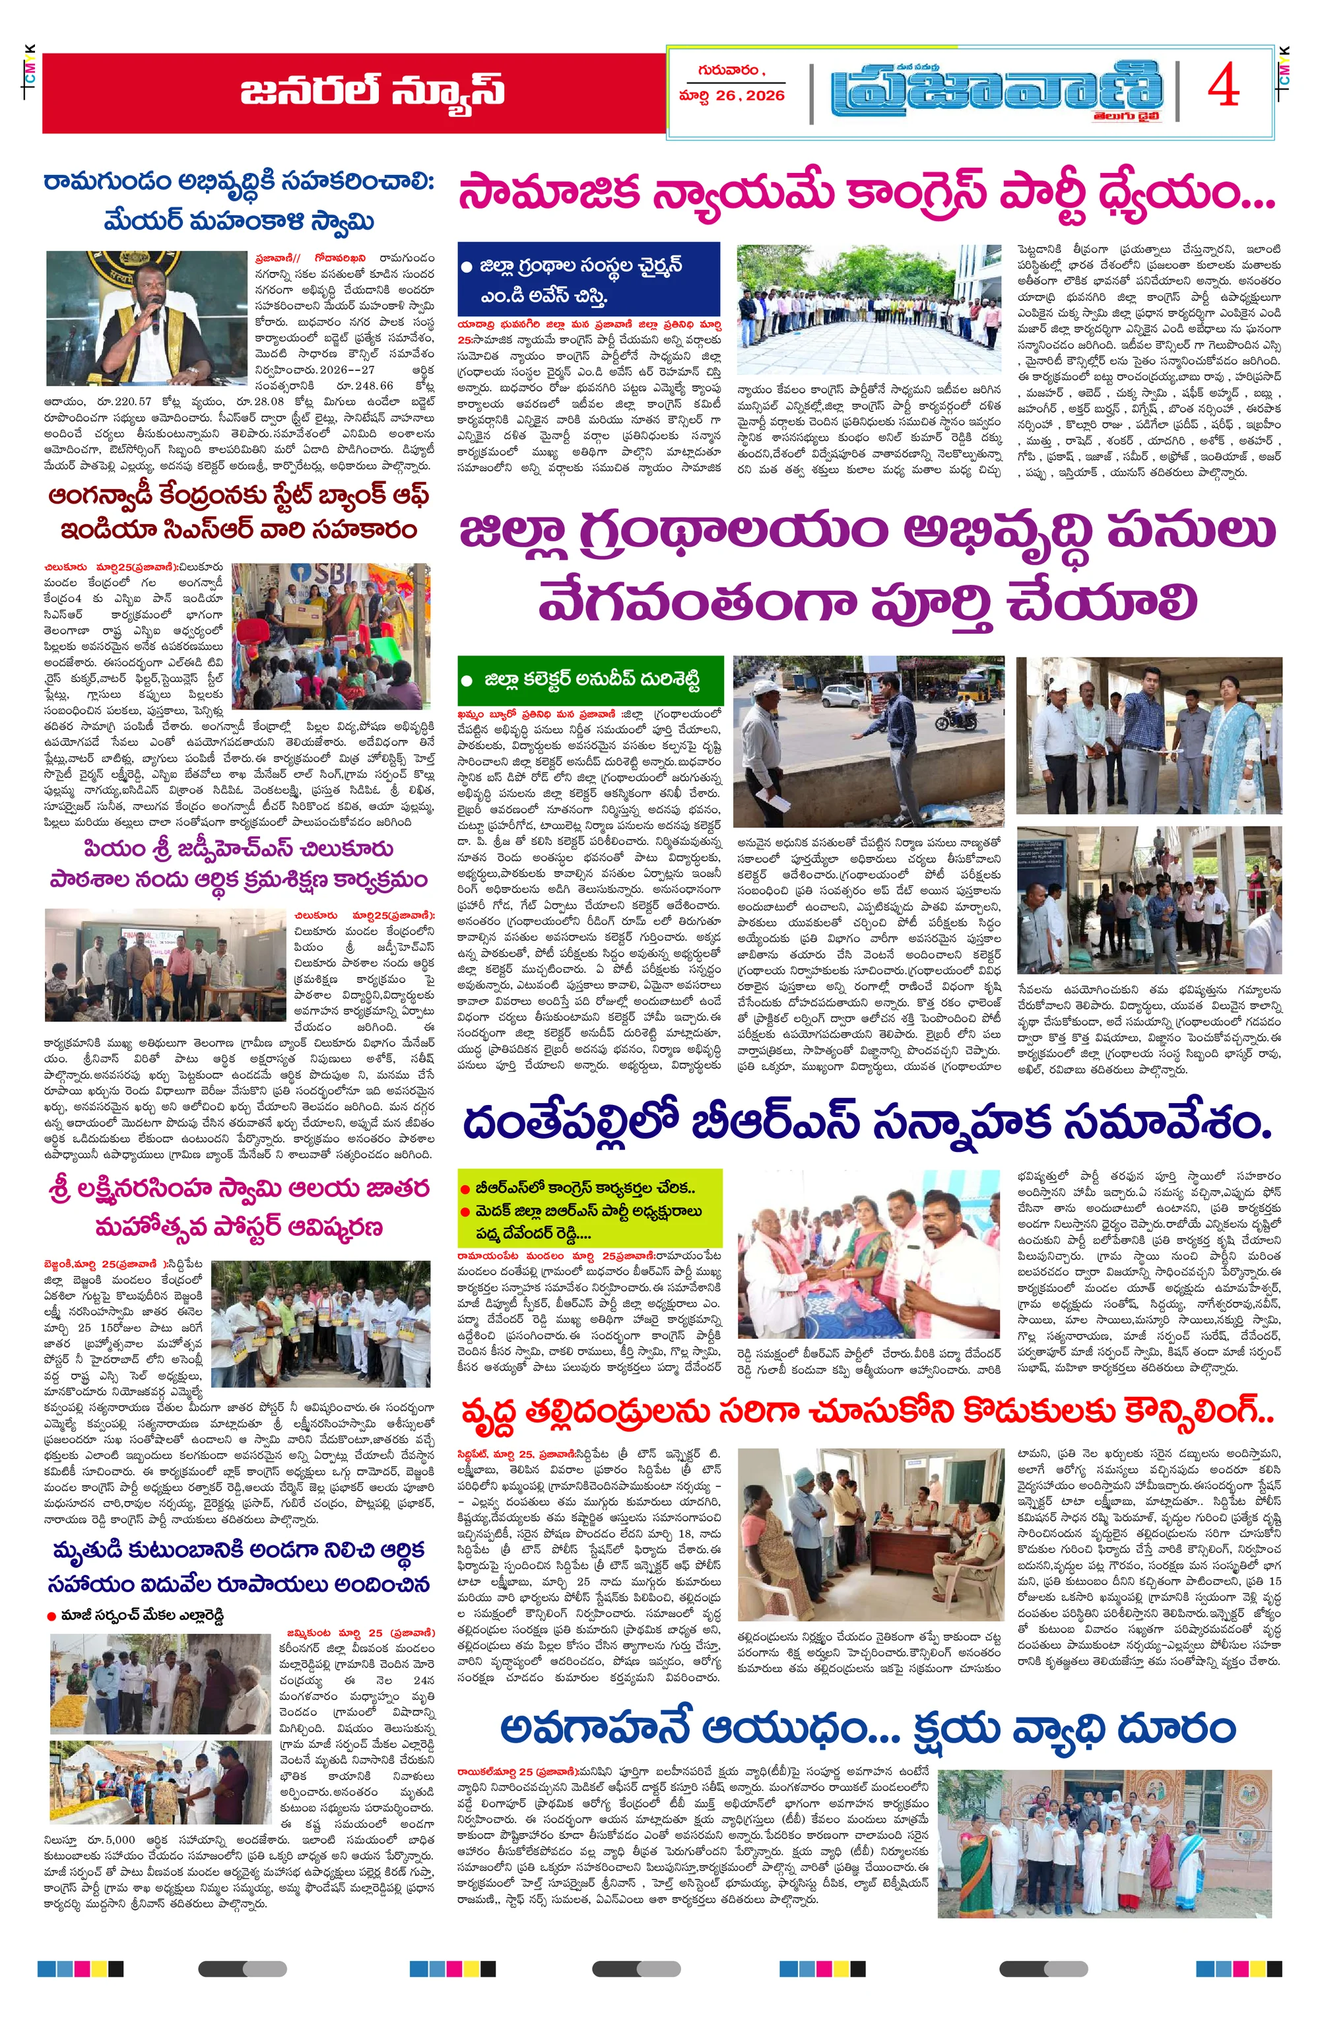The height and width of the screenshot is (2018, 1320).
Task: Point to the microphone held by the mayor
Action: pos(156,316)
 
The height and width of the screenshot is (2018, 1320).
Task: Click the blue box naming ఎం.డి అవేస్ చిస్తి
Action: pos(588,281)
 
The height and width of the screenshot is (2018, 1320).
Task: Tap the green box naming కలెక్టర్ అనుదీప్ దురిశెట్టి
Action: pos(590,680)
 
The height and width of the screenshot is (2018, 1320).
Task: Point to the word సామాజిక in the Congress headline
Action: pos(548,193)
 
